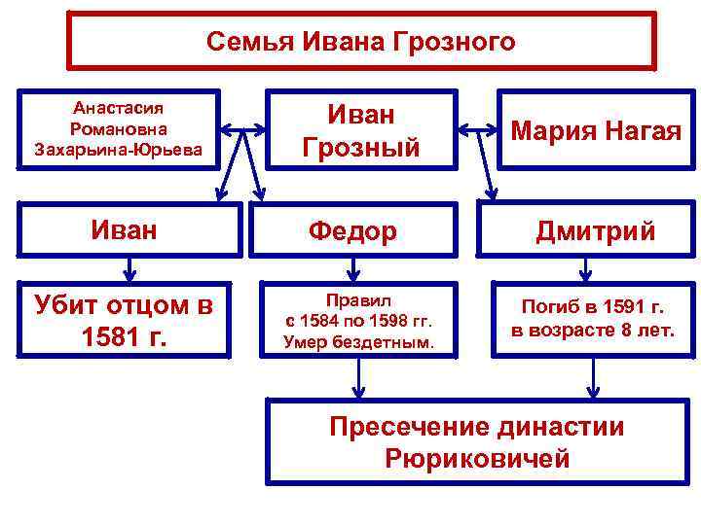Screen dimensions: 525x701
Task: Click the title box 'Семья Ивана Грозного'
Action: (x=361, y=42)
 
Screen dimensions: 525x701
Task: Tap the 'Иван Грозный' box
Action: (x=361, y=129)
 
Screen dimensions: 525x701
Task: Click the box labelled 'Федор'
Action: (x=352, y=231)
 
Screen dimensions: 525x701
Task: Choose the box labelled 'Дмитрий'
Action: (x=596, y=231)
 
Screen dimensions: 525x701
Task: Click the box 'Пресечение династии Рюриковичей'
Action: (x=477, y=442)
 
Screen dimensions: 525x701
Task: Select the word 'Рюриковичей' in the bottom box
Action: (x=477, y=459)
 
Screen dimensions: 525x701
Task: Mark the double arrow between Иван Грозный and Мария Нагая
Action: (x=478, y=127)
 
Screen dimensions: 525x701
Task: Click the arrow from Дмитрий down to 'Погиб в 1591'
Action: (x=584, y=266)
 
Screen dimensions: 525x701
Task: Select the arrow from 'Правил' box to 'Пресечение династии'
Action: (x=358, y=378)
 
